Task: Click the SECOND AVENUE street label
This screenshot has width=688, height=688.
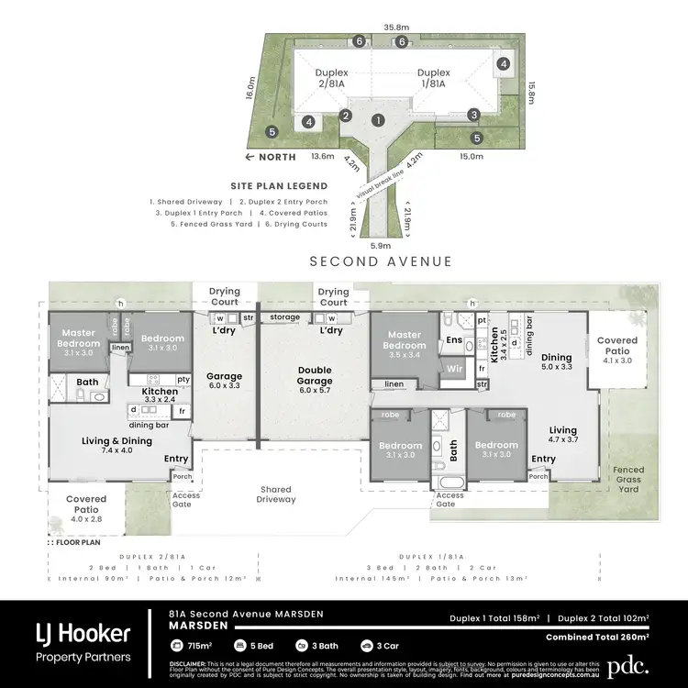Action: click(380, 261)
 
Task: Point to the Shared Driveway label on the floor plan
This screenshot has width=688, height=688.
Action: click(276, 494)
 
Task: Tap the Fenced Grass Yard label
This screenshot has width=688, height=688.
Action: click(628, 479)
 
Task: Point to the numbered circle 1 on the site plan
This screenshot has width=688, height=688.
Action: click(377, 119)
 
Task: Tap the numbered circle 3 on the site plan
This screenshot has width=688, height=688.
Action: click(473, 115)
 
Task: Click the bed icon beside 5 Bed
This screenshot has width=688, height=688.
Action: click(240, 647)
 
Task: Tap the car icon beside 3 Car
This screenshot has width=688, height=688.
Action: click(368, 647)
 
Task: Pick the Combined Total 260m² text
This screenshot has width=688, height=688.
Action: click(597, 636)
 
